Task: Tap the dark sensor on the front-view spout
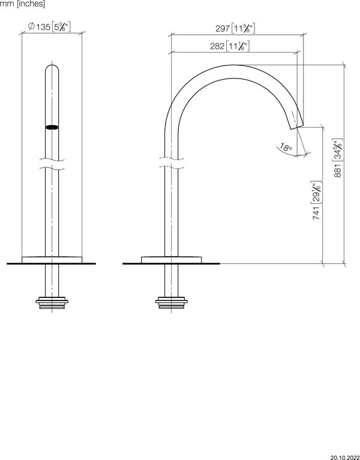coord(52,127)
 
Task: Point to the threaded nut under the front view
coord(52,302)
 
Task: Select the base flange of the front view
coord(52,259)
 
